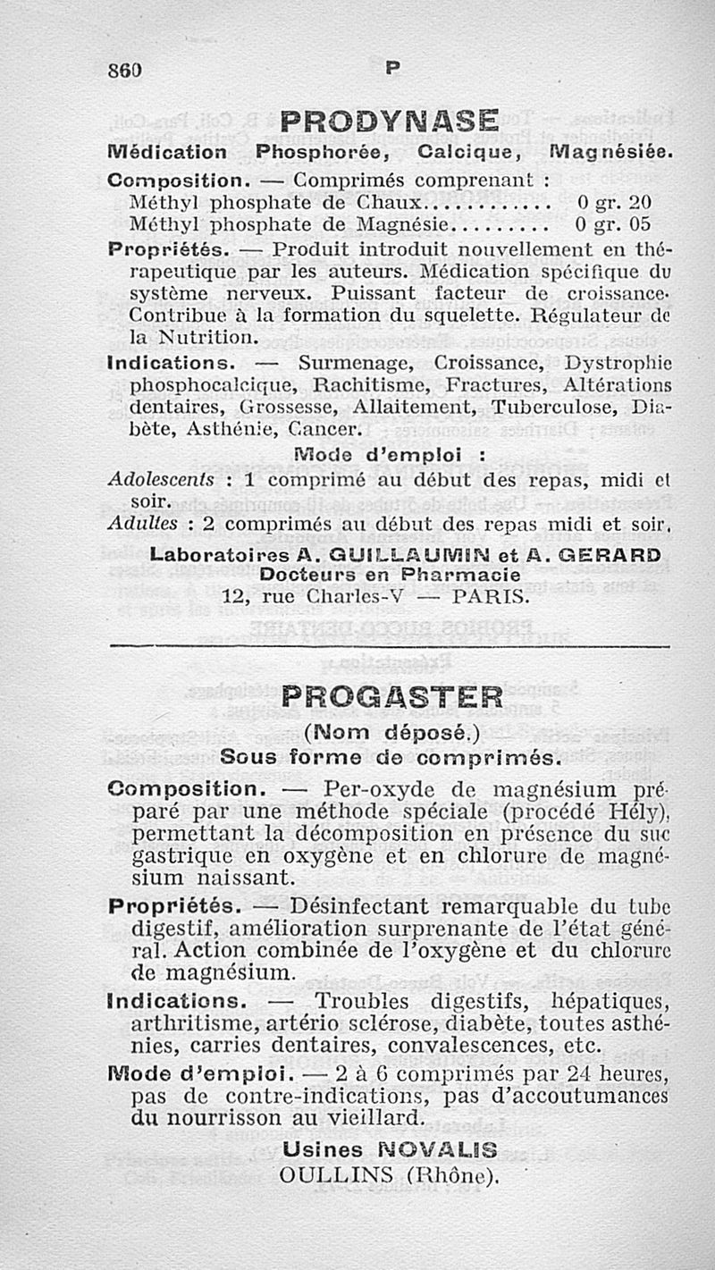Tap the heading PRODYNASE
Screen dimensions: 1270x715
click(388, 121)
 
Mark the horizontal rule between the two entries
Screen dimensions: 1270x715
click(388, 645)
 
